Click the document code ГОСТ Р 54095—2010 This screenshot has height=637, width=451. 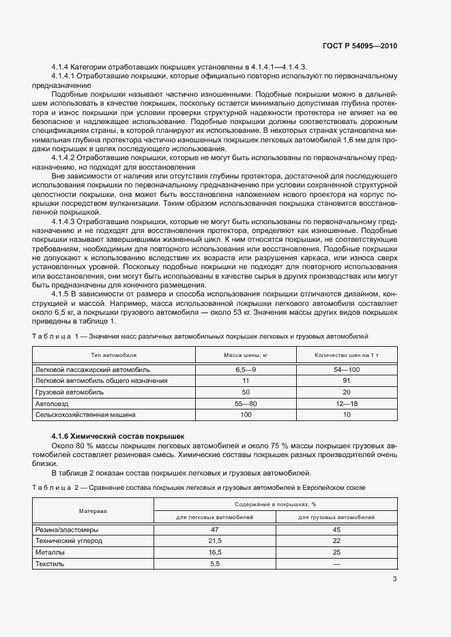[x=359, y=46]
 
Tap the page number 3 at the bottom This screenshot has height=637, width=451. [x=394, y=579]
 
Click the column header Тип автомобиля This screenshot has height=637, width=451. [x=114, y=356]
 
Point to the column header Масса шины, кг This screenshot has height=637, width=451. [x=246, y=356]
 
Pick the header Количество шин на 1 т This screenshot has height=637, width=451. [x=346, y=356]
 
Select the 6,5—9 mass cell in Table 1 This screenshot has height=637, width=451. [x=246, y=369]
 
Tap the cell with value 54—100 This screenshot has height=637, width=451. [x=346, y=369]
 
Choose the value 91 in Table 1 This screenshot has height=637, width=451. [x=346, y=380]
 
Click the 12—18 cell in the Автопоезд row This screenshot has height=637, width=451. [x=346, y=403]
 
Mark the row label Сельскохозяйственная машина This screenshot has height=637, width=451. [x=85, y=414]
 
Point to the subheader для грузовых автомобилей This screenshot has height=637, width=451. [x=336, y=518]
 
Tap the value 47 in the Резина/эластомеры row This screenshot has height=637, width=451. [x=214, y=529]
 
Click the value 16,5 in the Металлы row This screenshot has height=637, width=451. [x=214, y=552]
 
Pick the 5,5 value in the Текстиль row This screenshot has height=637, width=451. [x=214, y=563]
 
